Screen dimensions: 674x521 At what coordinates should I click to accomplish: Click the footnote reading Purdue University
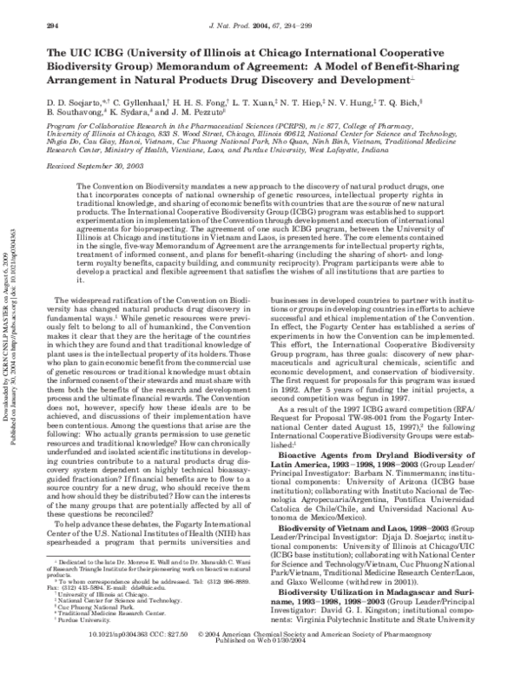[80, 624]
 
